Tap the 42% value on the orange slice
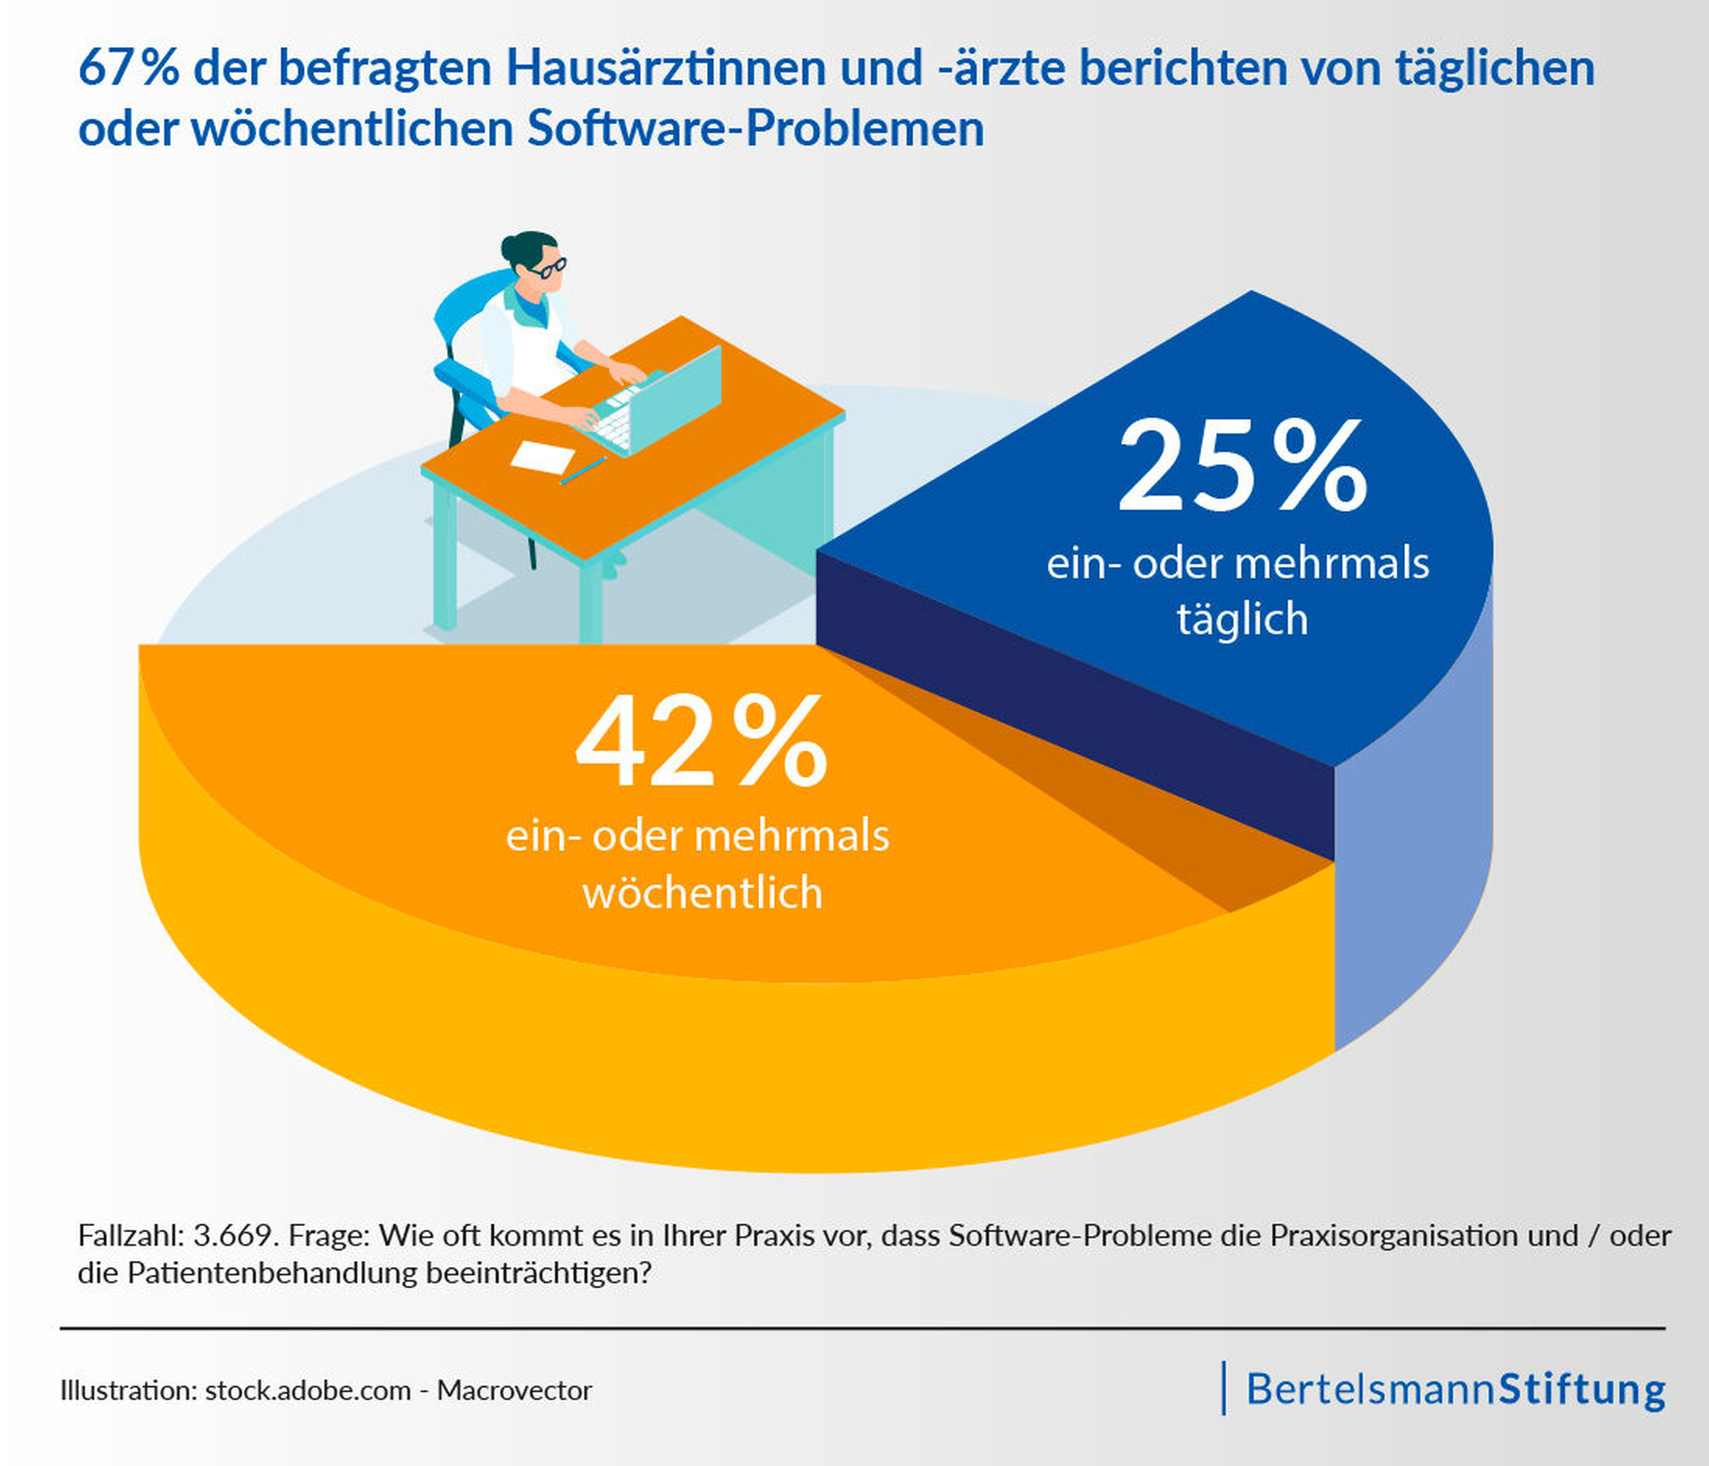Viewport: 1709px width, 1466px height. pos(701,743)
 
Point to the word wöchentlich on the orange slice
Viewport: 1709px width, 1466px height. pos(702,893)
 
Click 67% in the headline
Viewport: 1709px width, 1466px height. pos(128,68)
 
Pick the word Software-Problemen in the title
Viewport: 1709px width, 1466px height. pos(756,129)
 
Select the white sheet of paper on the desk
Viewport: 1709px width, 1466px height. pos(542,456)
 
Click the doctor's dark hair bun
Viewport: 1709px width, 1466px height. pos(511,246)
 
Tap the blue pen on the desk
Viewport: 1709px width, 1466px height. pos(583,470)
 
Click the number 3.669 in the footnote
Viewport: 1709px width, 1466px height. pos(233,1235)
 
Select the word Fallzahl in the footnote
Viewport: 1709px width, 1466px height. pos(130,1235)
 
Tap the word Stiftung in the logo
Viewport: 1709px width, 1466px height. pos(1582,1390)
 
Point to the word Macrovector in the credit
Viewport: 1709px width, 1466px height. pos(514,1390)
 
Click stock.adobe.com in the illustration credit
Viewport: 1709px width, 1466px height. pos(308,1390)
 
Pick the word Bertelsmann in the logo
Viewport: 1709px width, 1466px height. pos(1371,1390)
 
